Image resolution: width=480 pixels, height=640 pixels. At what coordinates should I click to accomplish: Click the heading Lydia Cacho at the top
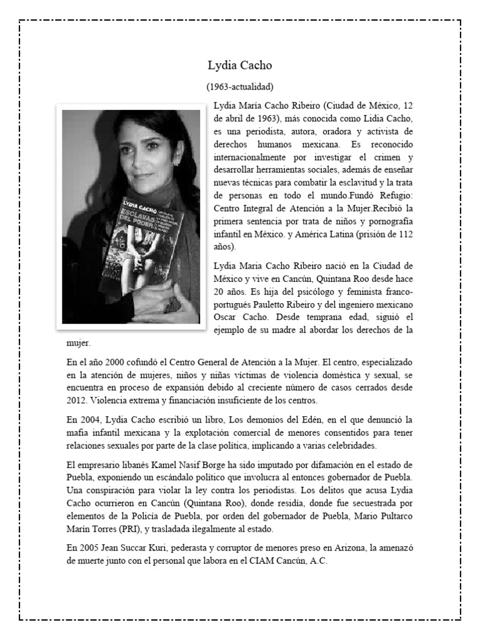coord(239,66)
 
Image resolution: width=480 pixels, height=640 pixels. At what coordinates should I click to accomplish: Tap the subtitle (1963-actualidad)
coord(239,86)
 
